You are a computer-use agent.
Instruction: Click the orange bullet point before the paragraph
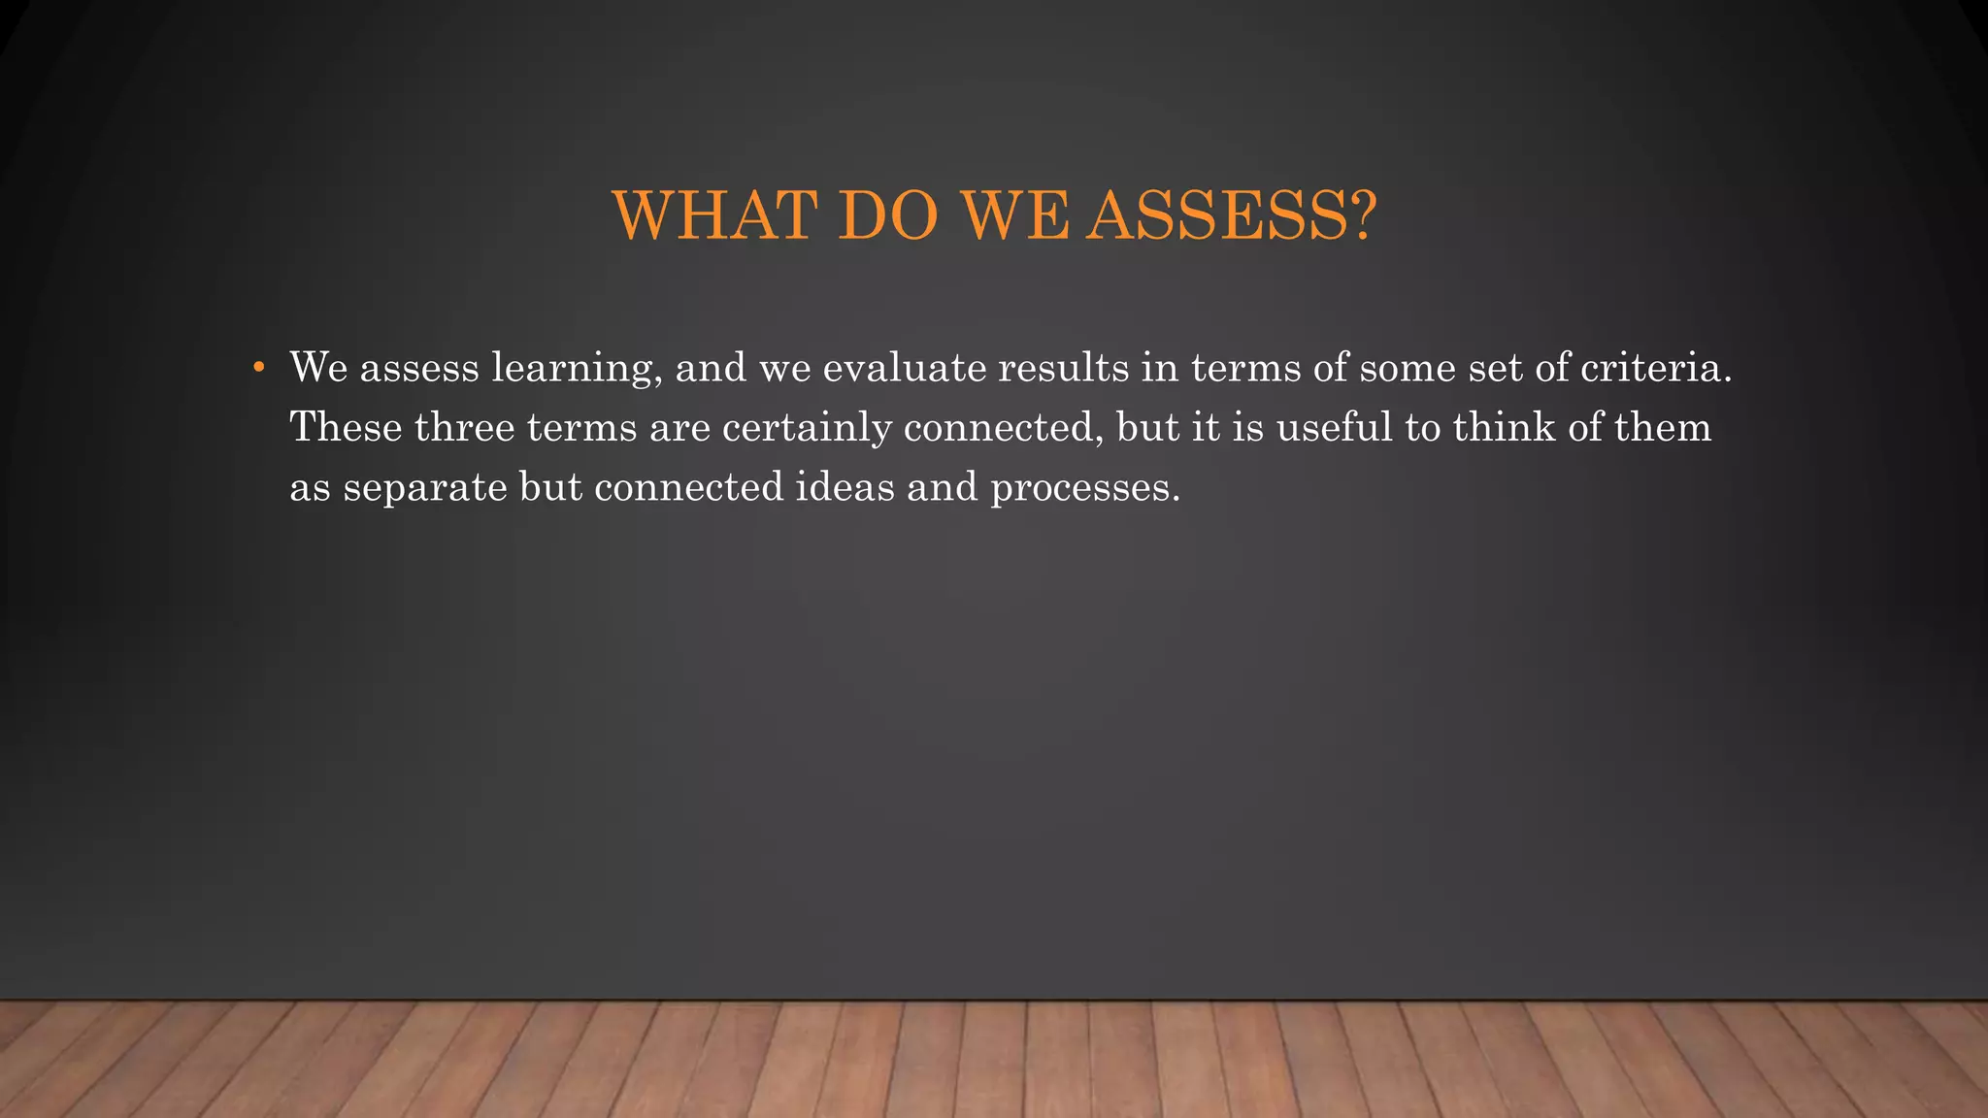(x=258, y=367)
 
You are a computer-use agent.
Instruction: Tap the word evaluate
(x=904, y=368)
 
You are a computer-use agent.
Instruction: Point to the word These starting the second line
(x=346, y=427)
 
